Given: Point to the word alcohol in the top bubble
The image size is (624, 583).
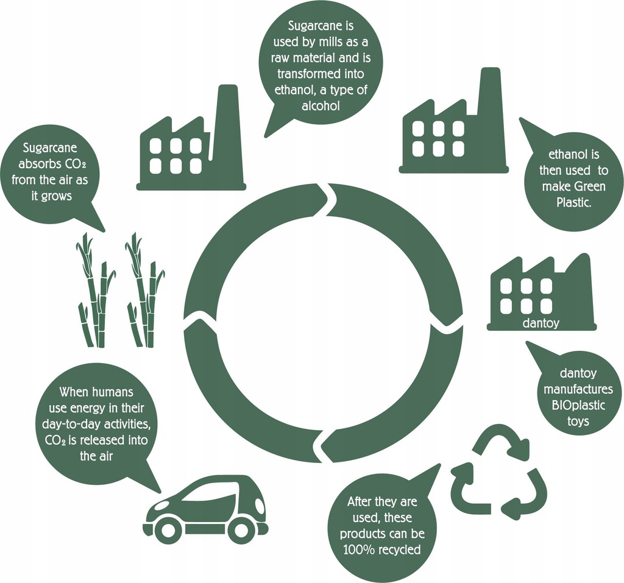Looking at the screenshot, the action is click(321, 106).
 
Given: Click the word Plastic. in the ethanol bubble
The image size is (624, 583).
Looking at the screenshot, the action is click(573, 202).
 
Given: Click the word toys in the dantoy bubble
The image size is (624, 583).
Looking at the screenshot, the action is click(578, 421).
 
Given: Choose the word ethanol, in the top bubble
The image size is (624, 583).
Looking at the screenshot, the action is click(296, 90).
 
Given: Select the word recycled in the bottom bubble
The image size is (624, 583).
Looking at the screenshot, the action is click(400, 550).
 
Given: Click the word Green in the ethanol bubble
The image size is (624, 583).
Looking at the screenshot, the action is click(590, 186).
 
